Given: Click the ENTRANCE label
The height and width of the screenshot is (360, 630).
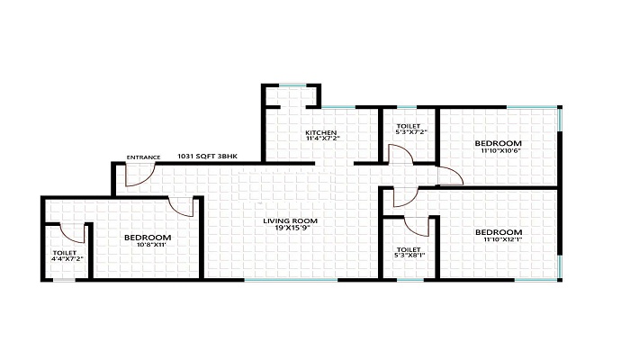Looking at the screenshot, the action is (143, 157).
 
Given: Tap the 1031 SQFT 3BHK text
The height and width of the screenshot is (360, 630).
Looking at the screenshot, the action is (207, 157).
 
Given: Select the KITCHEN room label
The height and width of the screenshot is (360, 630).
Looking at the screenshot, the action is (321, 132).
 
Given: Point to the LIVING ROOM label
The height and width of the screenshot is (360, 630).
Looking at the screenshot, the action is (290, 221).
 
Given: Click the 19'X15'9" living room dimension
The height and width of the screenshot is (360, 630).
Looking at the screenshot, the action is (290, 229).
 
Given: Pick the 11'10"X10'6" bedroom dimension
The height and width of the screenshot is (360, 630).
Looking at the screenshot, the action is (499, 151).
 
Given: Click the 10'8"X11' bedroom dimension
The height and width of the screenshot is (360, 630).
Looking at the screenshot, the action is (148, 245).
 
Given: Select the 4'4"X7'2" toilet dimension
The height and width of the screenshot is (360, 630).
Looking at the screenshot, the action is (67, 259).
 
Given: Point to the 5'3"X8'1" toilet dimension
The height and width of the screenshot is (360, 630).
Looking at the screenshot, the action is (409, 255).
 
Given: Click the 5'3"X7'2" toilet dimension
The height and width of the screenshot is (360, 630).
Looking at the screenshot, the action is (409, 131).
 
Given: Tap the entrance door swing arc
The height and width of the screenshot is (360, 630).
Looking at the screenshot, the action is (141, 177).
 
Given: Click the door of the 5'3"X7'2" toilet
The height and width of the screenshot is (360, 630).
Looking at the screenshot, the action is (400, 154).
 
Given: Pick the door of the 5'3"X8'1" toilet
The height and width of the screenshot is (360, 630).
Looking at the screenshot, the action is (417, 227).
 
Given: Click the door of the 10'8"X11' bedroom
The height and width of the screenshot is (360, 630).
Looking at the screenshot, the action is (182, 207).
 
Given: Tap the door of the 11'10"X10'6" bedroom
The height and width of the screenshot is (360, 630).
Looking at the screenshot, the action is (450, 176).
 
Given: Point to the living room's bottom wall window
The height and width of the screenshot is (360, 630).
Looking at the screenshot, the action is (291, 280).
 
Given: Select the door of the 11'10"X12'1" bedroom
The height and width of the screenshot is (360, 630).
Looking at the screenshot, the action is (405, 198).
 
